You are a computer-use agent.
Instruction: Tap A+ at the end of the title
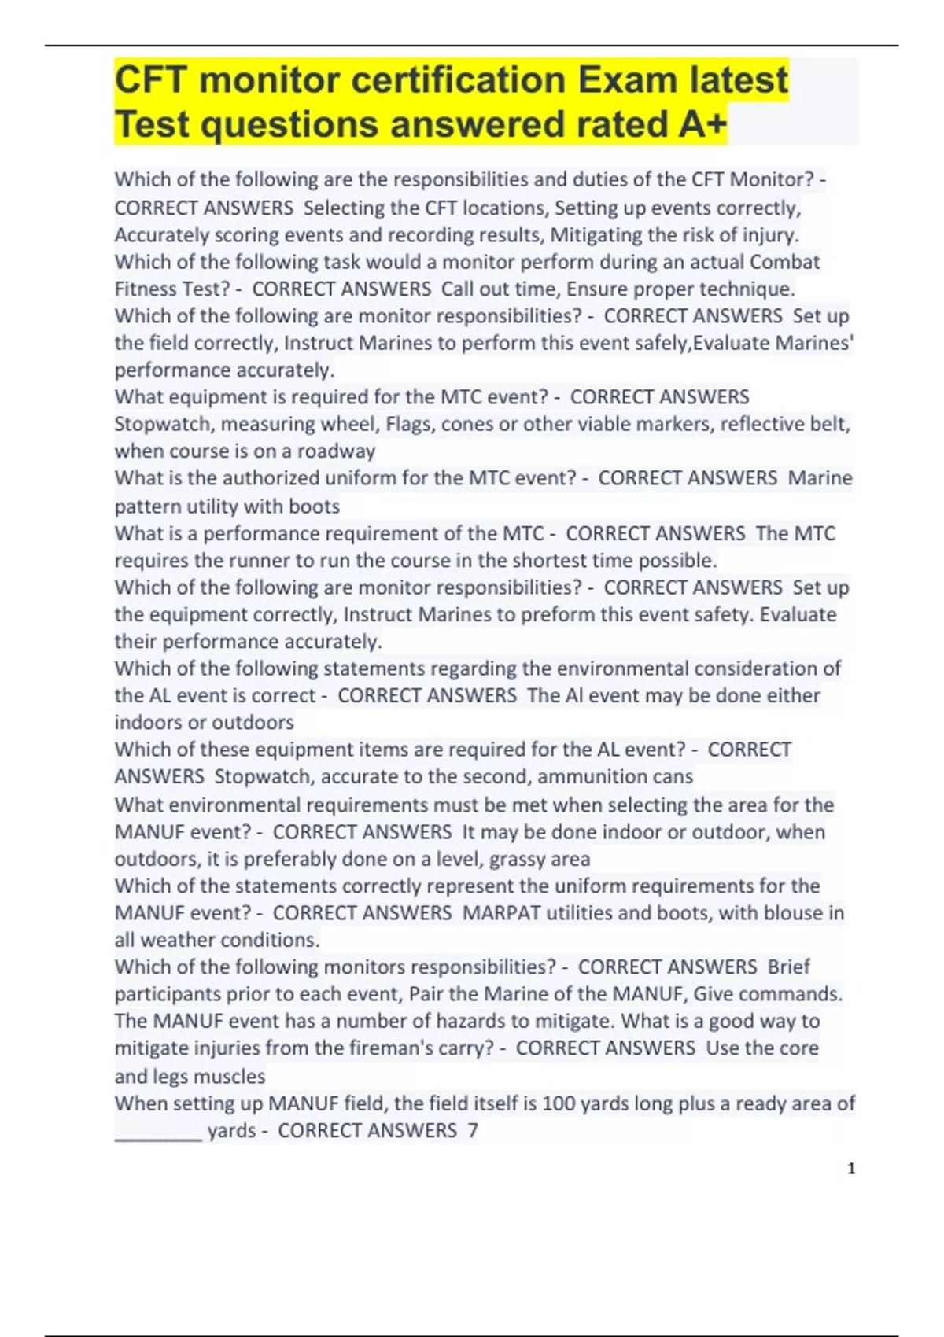[697, 124]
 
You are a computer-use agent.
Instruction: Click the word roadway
[336, 451]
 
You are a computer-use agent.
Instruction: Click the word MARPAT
[502, 913]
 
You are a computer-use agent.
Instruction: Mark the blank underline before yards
[158, 1133]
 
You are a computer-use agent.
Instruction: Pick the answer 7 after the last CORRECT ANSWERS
[473, 1131]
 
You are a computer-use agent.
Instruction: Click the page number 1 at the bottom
[850, 1169]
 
